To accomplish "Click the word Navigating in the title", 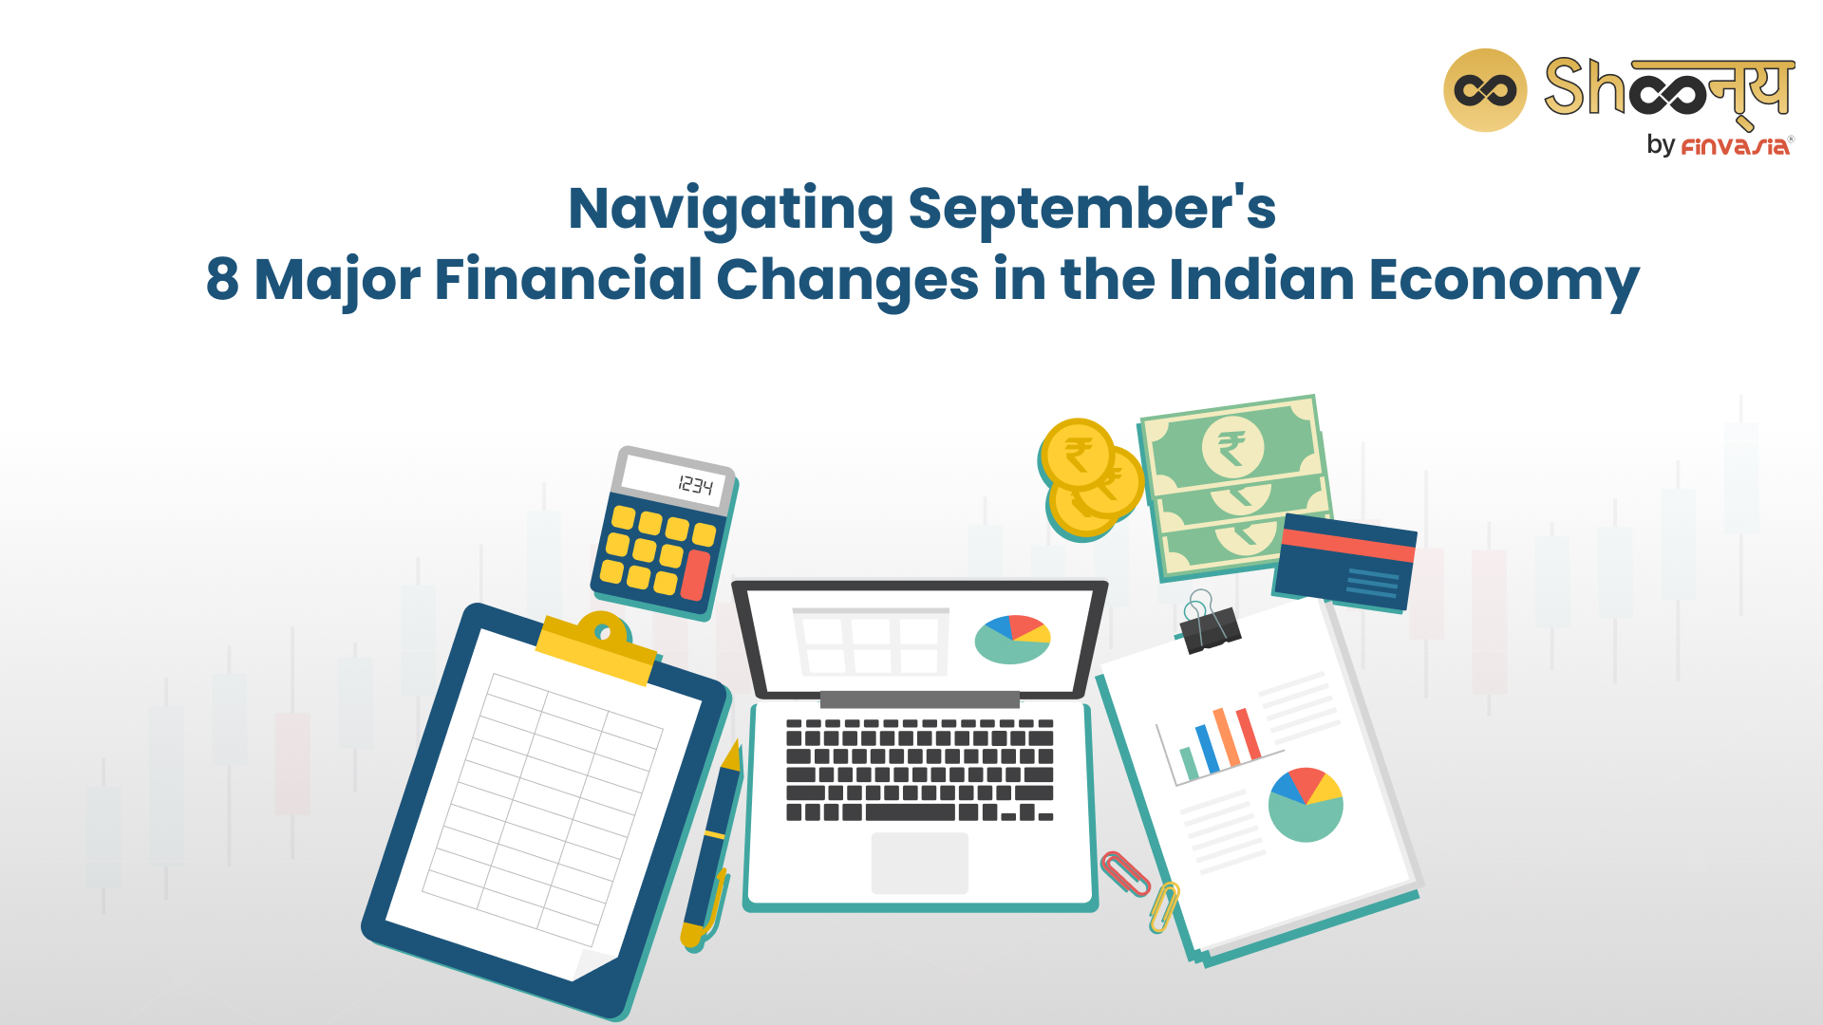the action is coord(731,210).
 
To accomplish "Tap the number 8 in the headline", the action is coord(222,279).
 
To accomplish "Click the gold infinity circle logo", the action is coord(1485,90).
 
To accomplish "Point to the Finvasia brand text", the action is coord(1736,146).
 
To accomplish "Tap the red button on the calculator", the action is coord(696,574).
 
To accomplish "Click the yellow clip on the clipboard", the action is coord(598,647).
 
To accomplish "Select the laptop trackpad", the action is coord(920,863).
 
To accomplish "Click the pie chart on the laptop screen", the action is coord(1013,639).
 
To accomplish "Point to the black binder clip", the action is coord(1208,624).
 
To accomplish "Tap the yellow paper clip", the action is coord(1164,906).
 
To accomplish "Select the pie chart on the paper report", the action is coord(1306,805).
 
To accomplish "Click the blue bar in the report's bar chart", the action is coord(1207,750).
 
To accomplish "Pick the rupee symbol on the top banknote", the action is coord(1231,447).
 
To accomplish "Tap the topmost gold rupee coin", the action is coord(1078,454).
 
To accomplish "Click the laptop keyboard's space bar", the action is coord(910,812).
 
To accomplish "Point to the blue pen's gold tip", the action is coord(731,756).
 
